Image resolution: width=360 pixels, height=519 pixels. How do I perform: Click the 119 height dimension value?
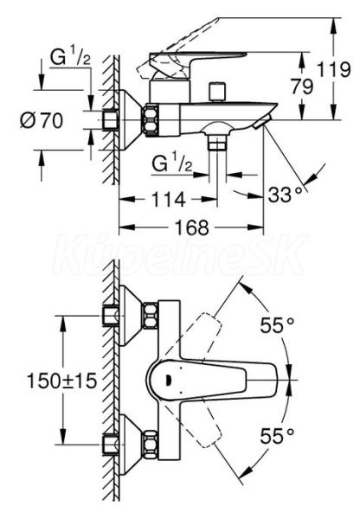[x=333, y=70]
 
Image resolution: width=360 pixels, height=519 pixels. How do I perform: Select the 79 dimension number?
[x=302, y=86]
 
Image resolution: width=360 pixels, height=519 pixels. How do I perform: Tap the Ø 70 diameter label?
[x=42, y=120]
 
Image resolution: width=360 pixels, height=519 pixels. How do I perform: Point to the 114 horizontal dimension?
[x=168, y=200]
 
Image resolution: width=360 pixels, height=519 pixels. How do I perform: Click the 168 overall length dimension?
[x=192, y=227]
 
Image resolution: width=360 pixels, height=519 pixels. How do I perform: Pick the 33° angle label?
[x=286, y=195]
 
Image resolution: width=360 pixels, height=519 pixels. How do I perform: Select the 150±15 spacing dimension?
[x=61, y=381]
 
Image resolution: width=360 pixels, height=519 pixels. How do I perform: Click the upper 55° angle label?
[x=277, y=324]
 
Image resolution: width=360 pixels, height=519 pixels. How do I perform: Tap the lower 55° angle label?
[x=277, y=436]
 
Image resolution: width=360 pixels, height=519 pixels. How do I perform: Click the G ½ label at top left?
[x=70, y=57]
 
